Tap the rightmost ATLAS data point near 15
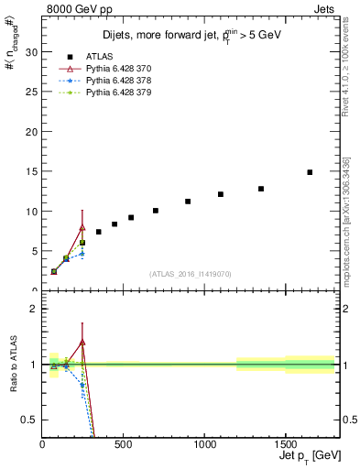(x=310, y=172)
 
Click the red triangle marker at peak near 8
(x=82, y=227)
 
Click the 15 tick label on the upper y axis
(x=31, y=171)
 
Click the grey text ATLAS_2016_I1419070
(x=191, y=273)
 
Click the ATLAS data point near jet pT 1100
(x=221, y=194)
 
